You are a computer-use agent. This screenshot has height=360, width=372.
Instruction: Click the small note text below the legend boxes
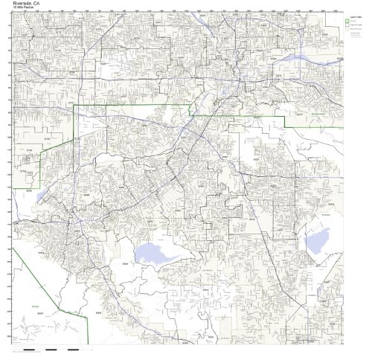pyautogui.click(x=353, y=36)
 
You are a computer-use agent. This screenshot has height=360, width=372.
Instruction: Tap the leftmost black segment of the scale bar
pyautogui.click(x=29, y=349)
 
